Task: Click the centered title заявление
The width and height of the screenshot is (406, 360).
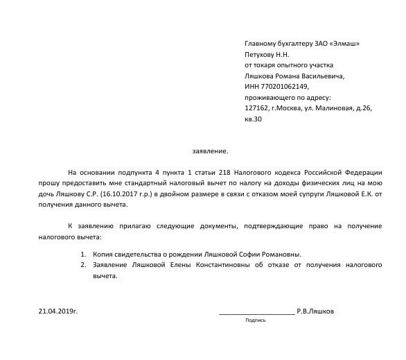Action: [x=209, y=151]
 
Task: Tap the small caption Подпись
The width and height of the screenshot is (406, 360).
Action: [x=255, y=321]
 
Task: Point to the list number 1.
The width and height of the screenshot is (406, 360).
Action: [x=83, y=254]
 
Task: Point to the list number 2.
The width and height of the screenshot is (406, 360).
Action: [x=83, y=264]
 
